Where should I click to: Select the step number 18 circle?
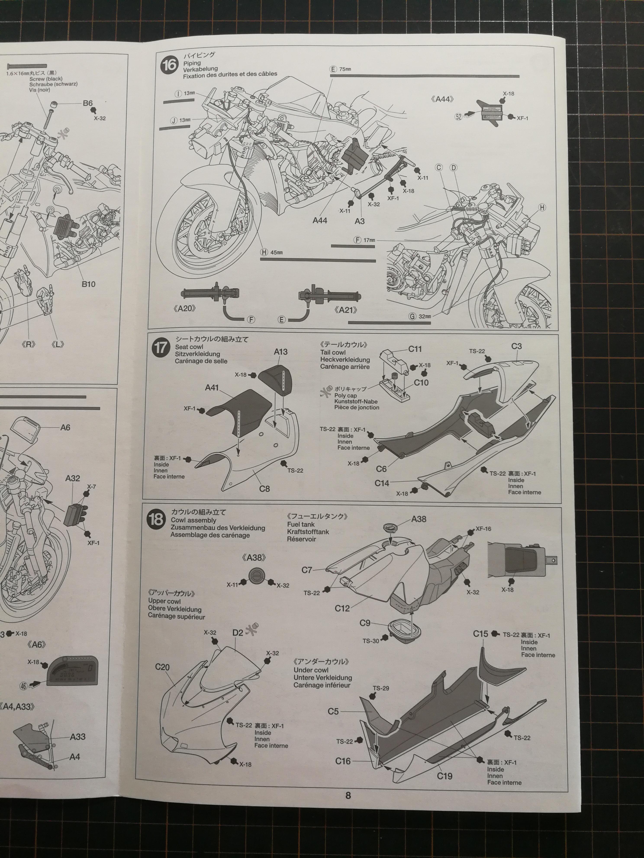pyautogui.click(x=156, y=519)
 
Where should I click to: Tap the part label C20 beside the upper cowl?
pyautogui.click(x=162, y=667)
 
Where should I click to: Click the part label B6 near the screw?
pyautogui.click(x=88, y=103)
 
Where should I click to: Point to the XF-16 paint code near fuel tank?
pyautogui.click(x=483, y=529)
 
